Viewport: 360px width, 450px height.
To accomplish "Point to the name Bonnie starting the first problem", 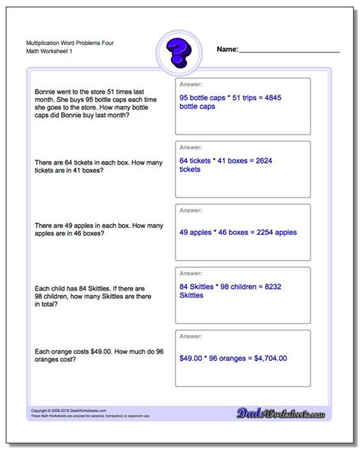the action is point(46,91).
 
